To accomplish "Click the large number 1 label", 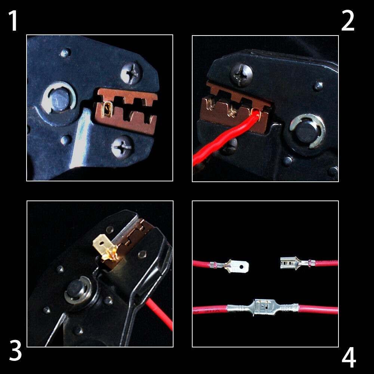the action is point(13,21).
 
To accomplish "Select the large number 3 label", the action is point(15,350).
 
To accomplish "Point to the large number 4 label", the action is point(349,358).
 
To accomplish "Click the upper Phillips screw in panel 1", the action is point(131,73).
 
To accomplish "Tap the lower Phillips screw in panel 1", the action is point(122,147).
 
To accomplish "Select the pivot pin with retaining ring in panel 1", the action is point(59,98).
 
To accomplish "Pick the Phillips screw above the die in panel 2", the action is point(241,74).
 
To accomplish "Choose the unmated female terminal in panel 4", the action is point(297,263).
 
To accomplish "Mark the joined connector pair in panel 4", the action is point(263,308).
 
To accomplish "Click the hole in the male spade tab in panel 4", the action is point(242,266).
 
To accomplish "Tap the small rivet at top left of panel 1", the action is point(65,53).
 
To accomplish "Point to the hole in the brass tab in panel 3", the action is point(102,243).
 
